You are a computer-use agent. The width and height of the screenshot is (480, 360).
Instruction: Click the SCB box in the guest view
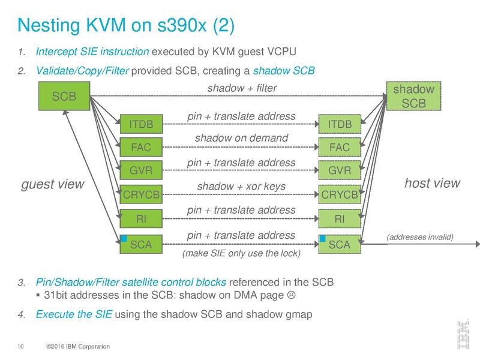point(64,95)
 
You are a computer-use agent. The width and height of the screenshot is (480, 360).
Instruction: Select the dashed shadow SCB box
point(413,96)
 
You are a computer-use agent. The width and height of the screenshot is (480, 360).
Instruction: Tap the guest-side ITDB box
point(142,124)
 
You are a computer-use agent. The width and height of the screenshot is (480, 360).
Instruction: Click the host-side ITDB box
point(340,124)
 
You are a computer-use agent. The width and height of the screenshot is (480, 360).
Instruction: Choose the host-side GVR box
point(340,171)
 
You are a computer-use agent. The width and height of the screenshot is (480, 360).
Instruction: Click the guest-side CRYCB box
point(142,195)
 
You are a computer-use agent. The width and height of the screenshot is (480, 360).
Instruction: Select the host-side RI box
point(340,219)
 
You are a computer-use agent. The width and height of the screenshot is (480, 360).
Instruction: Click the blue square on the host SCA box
point(323,238)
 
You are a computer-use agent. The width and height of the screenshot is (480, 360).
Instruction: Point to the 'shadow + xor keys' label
point(241,187)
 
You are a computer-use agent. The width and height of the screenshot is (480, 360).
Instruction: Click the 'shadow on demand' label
point(241,139)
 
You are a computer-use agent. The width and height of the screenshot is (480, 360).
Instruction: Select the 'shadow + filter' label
point(241,89)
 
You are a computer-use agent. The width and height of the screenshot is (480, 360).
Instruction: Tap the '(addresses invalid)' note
point(420,237)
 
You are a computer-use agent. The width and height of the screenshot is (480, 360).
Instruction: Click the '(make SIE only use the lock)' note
point(241,253)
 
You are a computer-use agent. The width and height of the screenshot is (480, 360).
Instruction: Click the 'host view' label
point(432,183)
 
